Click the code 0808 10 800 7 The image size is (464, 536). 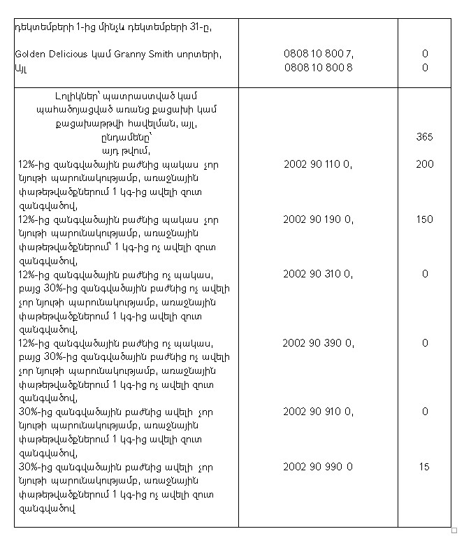tap(318, 54)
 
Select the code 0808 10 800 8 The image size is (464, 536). tap(318, 68)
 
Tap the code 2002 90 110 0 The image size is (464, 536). tap(318, 164)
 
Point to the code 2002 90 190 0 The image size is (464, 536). tap(318, 219)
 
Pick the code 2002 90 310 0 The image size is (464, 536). tap(318, 274)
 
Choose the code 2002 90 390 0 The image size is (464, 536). tap(318, 343)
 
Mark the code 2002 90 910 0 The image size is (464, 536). tap(318, 412)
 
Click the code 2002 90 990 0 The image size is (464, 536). tap(318, 467)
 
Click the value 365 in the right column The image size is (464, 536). tap(424, 137)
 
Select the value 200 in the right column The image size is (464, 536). tap(424, 164)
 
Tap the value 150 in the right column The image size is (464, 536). tap(424, 219)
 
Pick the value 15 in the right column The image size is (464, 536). tap(424, 467)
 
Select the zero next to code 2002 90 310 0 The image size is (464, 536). tap(424, 274)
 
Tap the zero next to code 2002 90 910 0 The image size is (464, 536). tap(424, 412)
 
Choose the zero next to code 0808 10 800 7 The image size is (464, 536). tap(424, 54)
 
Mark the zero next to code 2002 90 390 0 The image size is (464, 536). tap(424, 343)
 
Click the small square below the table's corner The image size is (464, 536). tap(455, 530)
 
